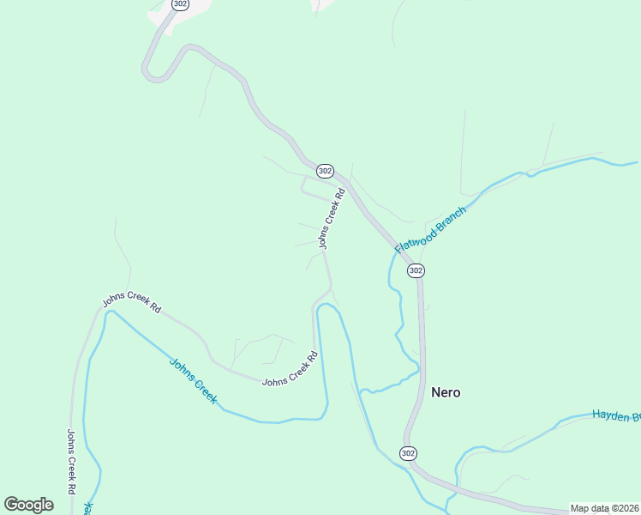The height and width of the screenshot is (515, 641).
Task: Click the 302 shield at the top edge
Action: click(x=180, y=4)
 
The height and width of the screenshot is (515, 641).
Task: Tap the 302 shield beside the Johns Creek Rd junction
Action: click(x=324, y=171)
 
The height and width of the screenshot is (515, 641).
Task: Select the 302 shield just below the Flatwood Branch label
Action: click(x=416, y=270)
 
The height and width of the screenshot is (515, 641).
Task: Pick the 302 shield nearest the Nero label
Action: click(x=408, y=453)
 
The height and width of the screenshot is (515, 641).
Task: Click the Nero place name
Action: click(x=446, y=392)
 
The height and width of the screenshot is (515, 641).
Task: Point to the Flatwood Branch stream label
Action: click(x=430, y=228)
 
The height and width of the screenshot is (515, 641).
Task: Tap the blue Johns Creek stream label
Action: click(x=194, y=380)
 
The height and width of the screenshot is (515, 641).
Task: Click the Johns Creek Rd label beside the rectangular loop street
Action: click(x=332, y=219)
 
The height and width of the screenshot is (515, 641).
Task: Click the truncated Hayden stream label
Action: click(x=616, y=416)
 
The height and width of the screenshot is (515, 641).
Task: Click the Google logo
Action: click(x=28, y=504)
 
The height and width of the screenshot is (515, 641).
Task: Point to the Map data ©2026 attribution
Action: click(x=604, y=508)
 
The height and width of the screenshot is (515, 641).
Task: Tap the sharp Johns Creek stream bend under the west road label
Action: click(x=108, y=313)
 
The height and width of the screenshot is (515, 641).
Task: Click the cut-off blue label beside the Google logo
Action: click(x=87, y=508)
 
